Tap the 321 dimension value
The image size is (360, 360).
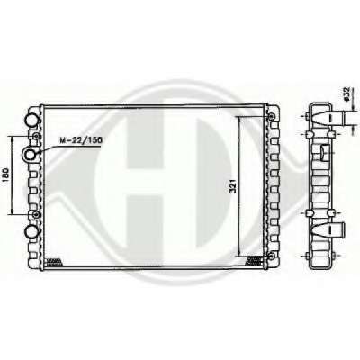point(234,186)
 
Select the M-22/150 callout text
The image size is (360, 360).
point(81,139)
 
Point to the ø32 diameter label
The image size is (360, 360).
point(346,95)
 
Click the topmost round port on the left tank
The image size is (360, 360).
point(31,121)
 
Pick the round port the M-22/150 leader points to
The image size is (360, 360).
point(31,155)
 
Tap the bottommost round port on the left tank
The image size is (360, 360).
point(31,231)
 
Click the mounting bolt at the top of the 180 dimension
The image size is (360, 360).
point(37,137)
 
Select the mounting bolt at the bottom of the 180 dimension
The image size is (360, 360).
point(36,214)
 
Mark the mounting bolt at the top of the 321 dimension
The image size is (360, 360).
point(271,116)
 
